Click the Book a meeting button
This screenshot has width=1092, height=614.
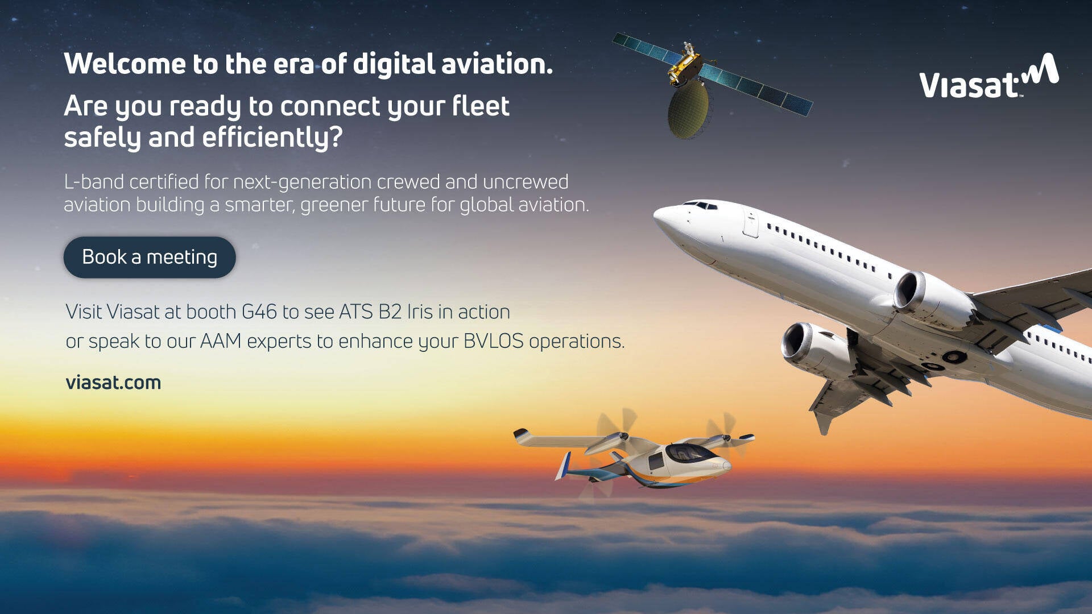tap(150, 257)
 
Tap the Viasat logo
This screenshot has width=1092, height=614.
tap(989, 76)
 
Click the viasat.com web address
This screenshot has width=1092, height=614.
tap(113, 383)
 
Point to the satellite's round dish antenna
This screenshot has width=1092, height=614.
tap(688, 110)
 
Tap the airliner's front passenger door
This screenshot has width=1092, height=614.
tap(751, 224)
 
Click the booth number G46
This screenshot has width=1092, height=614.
tap(259, 312)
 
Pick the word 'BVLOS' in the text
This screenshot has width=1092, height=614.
tap(494, 341)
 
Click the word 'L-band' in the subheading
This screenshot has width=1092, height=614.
tap(94, 182)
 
